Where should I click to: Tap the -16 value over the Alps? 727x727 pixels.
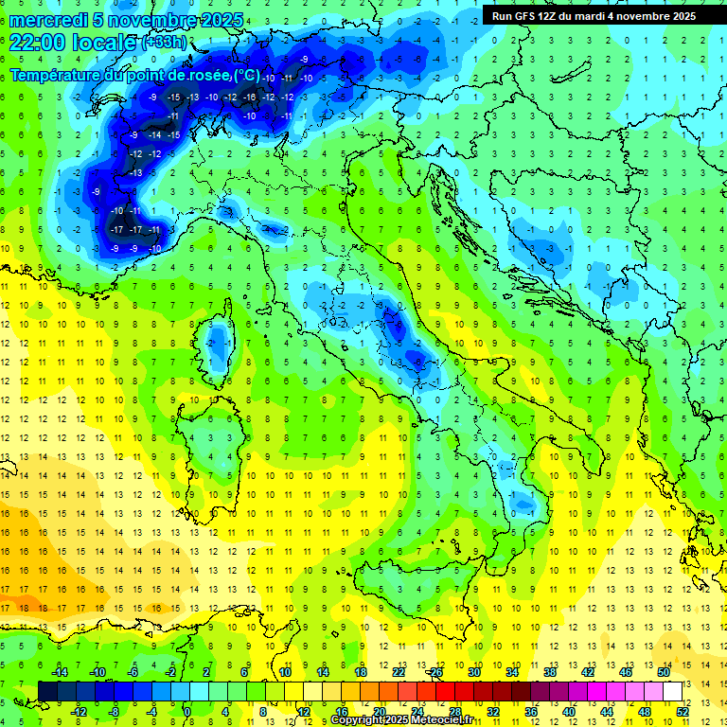249,98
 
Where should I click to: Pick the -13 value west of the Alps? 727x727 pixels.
135,173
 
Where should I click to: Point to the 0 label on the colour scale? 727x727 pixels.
186,711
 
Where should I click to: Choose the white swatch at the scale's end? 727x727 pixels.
672,691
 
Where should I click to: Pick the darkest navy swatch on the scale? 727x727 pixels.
46,691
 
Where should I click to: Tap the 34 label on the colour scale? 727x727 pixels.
511,672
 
